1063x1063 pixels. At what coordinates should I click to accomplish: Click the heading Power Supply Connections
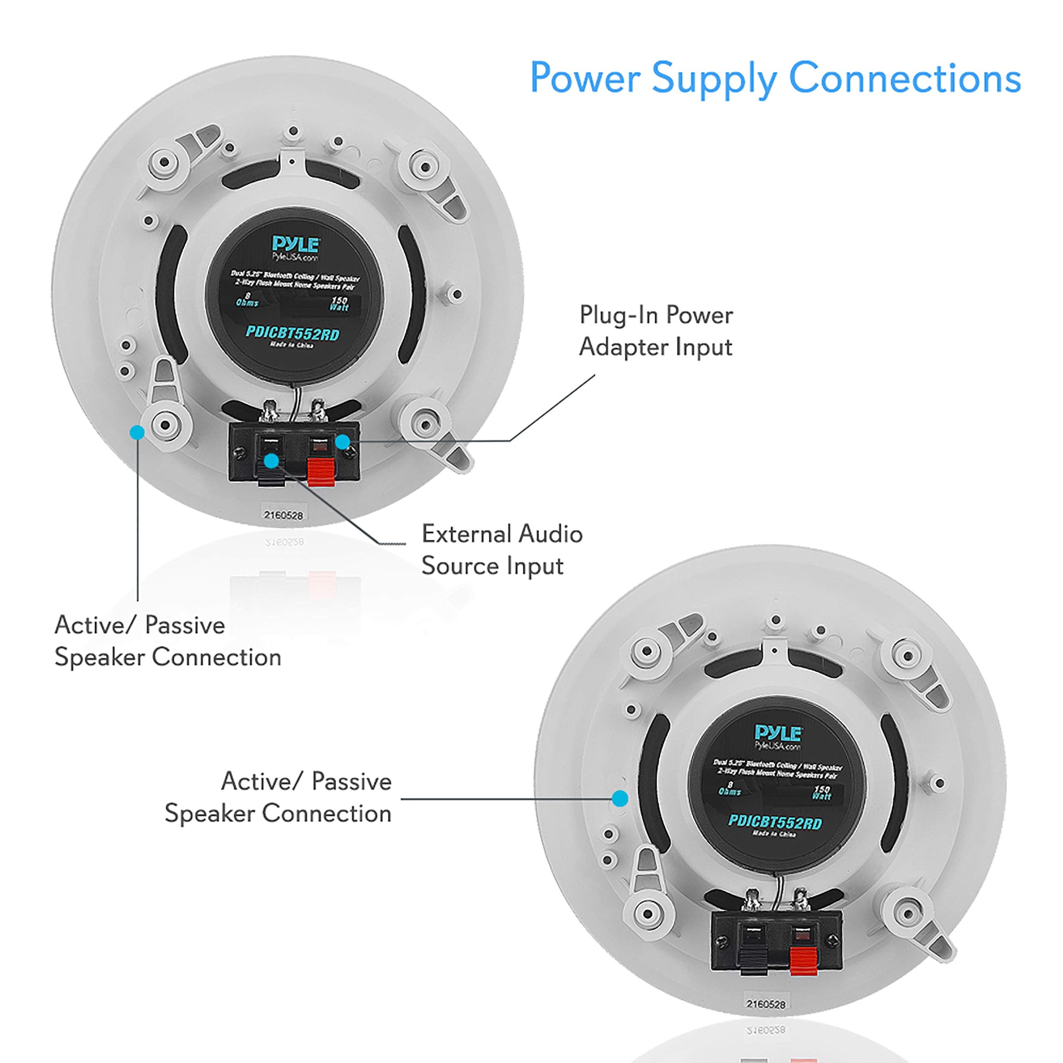pos(775,79)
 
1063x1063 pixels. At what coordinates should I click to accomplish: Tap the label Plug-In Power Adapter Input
pos(656,331)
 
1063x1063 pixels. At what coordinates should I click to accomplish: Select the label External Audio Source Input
pos(502,550)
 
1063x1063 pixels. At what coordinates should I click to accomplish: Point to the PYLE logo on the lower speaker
pos(778,733)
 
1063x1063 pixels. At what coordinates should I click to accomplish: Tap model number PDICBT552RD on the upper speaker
pos(292,333)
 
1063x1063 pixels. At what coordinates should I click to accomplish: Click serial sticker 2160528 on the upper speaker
pos(283,515)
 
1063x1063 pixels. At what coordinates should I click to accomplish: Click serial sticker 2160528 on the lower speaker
pos(765,1004)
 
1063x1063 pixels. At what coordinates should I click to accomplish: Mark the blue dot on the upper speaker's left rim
pos(137,432)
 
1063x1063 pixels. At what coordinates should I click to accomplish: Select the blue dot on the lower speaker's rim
pos(620,799)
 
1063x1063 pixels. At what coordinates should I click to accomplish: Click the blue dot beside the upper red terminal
pos(343,441)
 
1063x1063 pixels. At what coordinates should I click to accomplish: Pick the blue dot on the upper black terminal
pos(271,460)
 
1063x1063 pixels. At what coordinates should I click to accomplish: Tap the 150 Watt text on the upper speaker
pos(339,304)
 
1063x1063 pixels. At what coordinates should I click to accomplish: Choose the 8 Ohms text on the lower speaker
pos(730,788)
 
